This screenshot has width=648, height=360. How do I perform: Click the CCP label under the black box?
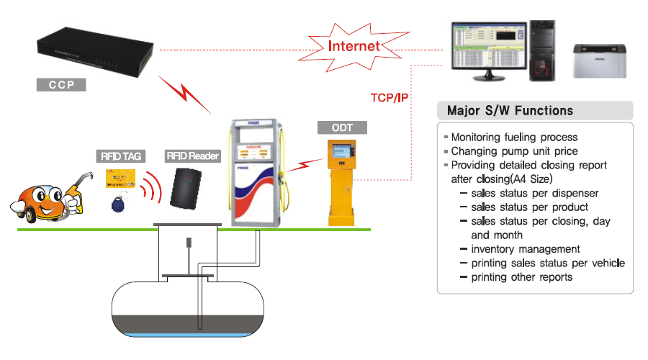click(x=61, y=84)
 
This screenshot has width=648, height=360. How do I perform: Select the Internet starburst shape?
click(x=353, y=46)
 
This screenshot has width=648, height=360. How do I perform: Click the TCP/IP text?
click(x=390, y=97)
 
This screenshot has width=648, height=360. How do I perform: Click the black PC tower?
click(x=544, y=48)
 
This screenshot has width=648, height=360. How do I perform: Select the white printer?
click(x=599, y=60)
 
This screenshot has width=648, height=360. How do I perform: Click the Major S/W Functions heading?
click(x=510, y=111)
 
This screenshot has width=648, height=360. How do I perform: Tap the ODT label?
click(x=343, y=128)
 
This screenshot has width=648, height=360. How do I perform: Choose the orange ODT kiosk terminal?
click(x=343, y=180)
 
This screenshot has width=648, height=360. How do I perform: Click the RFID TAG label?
click(x=119, y=156)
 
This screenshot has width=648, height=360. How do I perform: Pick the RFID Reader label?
click(x=193, y=156)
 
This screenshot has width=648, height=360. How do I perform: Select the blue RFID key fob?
click(x=118, y=205)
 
